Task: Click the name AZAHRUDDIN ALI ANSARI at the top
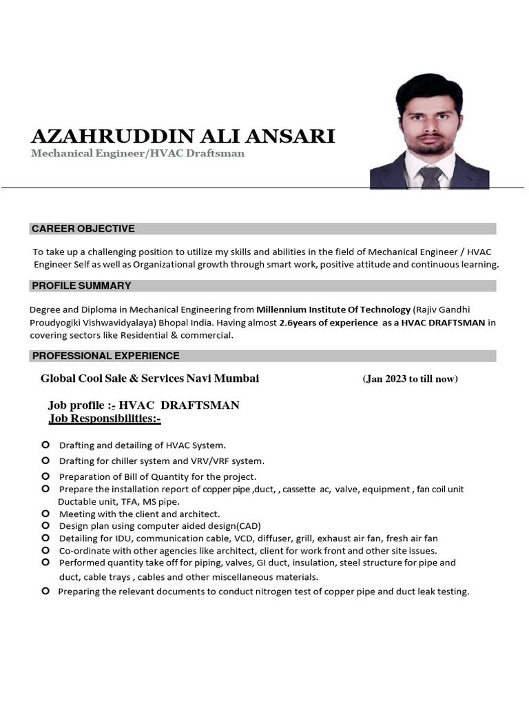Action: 183,136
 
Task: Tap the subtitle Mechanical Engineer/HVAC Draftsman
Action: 138,153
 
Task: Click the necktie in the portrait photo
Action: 431,177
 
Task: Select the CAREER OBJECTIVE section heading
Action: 83,229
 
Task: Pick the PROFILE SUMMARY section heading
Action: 81,285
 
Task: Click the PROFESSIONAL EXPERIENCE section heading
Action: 105,356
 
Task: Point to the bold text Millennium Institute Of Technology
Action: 333,310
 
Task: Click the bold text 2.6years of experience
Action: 329,323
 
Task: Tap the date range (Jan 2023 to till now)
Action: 410,379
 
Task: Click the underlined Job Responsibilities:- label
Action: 105,418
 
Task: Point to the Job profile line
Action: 143,405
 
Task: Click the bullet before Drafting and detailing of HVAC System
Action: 45,445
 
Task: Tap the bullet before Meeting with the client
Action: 45,514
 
